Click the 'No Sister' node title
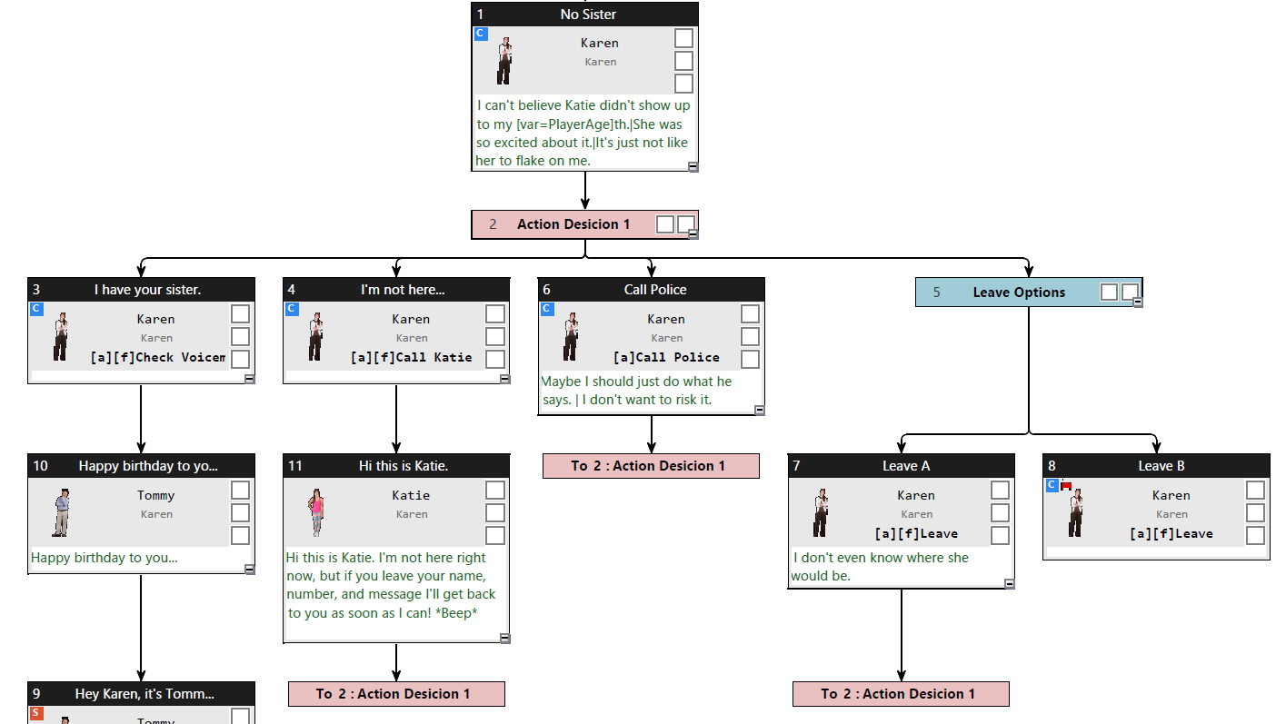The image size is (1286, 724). click(x=588, y=15)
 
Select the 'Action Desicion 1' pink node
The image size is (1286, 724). click(x=573, y=224)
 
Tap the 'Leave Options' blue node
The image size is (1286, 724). click(x=1018, y=293)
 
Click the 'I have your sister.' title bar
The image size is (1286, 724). click(x=147, y=290)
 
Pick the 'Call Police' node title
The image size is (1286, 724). click(x=654, y=290)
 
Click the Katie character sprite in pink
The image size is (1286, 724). click(x=316, y=512)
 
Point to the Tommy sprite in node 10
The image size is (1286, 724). click(x=61, y=512)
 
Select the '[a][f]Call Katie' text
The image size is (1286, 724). click(x=411, y=358)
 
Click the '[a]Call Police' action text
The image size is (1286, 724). click(x=666, y=358)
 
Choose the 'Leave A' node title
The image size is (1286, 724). click(x=905, y=466)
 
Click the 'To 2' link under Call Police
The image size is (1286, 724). click(x=651, y=466)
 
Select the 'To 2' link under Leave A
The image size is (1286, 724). click(x=901, y=694)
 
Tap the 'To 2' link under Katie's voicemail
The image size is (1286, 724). click(x=396, y=694)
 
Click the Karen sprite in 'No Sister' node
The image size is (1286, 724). click(x=504, y=61)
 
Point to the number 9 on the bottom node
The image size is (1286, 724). click(x=36, y=694)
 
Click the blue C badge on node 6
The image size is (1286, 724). click(x=547, y=309)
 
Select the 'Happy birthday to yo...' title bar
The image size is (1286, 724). click(x=147, y=466)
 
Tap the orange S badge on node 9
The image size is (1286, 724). click(x=36, y=713)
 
